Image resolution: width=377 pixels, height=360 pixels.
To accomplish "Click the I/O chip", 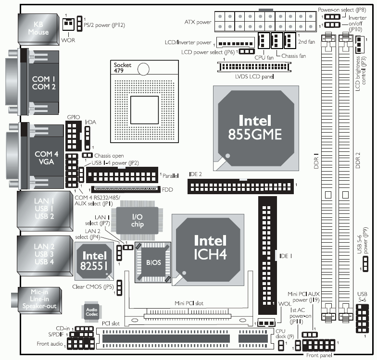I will (x=138, y=221).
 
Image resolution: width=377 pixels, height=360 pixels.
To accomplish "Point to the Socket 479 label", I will (x=123, y=67).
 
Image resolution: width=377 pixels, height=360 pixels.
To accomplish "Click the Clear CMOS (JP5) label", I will (x=93, y=287).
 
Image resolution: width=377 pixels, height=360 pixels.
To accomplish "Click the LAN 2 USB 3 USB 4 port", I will (x=41, y=254).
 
